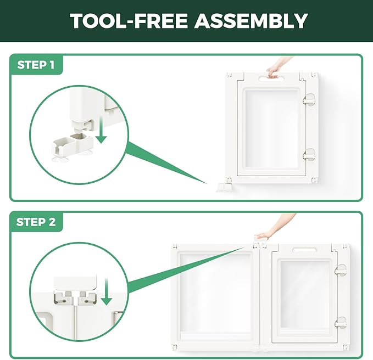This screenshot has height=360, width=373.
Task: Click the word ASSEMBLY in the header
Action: pos(251,21)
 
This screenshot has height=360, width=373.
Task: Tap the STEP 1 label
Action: pos(36,65)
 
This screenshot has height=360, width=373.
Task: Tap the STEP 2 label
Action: pos(36,222)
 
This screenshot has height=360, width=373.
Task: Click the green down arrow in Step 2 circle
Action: pos(106,291)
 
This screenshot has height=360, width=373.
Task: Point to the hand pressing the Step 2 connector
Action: pos(274,228)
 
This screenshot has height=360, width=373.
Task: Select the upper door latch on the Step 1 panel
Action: pos(309,99)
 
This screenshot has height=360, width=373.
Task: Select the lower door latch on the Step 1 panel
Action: pos(309,154)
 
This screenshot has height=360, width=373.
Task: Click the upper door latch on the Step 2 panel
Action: pos(341,271)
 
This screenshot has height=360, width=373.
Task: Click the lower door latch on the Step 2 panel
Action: pos(341,323)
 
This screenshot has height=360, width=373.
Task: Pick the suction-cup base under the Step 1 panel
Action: pos(225,188)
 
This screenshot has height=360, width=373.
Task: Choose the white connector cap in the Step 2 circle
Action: pos(75,283)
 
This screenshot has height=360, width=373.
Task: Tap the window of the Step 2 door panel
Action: pos(305,295)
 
